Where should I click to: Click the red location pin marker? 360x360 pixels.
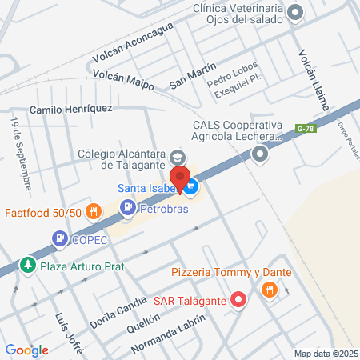pos(180,179)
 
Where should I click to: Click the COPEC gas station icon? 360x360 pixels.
pos(59,238)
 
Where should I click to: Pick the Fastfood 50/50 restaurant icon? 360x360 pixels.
pos(94,212)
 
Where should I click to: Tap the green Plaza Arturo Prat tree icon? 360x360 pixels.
pos(28,264)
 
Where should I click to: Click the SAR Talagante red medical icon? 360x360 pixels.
pos(238,300)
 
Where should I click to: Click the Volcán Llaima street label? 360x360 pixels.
pos(313,84)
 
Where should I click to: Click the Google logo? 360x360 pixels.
pos(26,350)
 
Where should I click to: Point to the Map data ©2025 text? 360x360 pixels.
pos(326,354)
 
